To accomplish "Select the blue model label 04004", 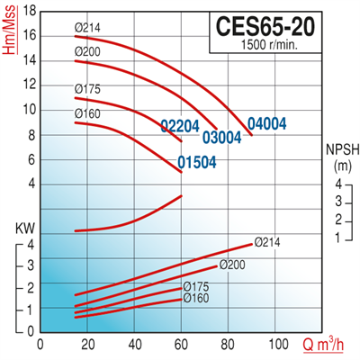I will click(x=268, y=123).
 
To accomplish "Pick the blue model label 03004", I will click(x=222, y=138).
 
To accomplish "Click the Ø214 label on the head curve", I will click(x=87, y=29).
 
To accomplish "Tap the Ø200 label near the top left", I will click(x=87, y=52).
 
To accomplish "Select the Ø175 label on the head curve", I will click(x=87, y=88).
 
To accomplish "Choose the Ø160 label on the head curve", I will click(x=87, y=112).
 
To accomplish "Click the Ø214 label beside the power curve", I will click(x=268, y=241).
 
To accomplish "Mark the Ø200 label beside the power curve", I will click(x=232, y=265).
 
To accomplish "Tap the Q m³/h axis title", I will click(x=325, y=345).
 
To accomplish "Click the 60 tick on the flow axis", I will click(x=182, y=344).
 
